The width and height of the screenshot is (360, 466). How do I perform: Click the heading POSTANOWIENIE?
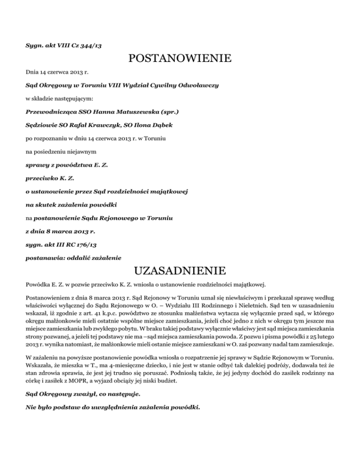pos(180,59)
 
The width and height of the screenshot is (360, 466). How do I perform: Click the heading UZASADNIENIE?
pos(180,271)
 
